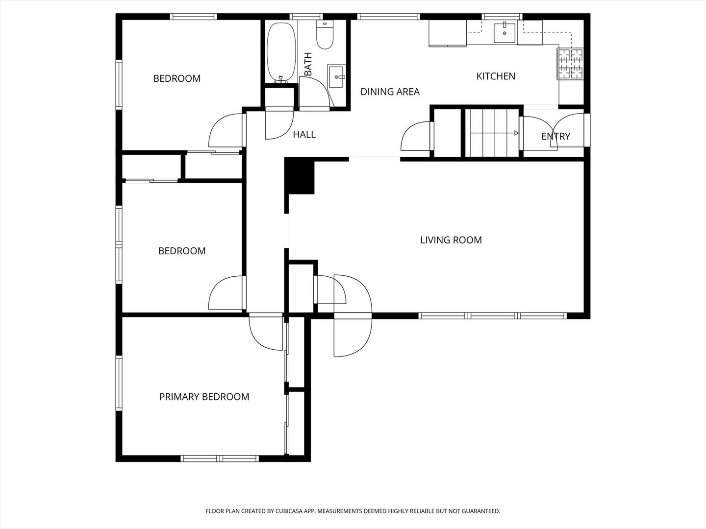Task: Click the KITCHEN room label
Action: (x=496, y=76)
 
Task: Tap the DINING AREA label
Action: (x=390, y=92)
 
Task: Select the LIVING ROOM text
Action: (x=451, y=240)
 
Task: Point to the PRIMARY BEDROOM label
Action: (x=204, y=397)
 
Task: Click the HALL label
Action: (x=304, y=134)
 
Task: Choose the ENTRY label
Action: (x=556, y=136)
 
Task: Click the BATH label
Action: (x=308, y=64)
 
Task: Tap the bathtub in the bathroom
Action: (x=281, y=53)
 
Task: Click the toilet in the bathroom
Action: (x=325, y=35)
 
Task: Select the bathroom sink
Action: (x=336, y=76)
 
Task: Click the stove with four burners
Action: (x=570, y=64)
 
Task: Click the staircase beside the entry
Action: (x=492, y=133)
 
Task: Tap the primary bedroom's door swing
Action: (x=266, y=333)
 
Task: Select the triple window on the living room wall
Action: (x=492, y=316)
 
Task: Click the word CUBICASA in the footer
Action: (x=289, y=511)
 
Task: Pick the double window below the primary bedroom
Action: (x=220, y=458)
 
